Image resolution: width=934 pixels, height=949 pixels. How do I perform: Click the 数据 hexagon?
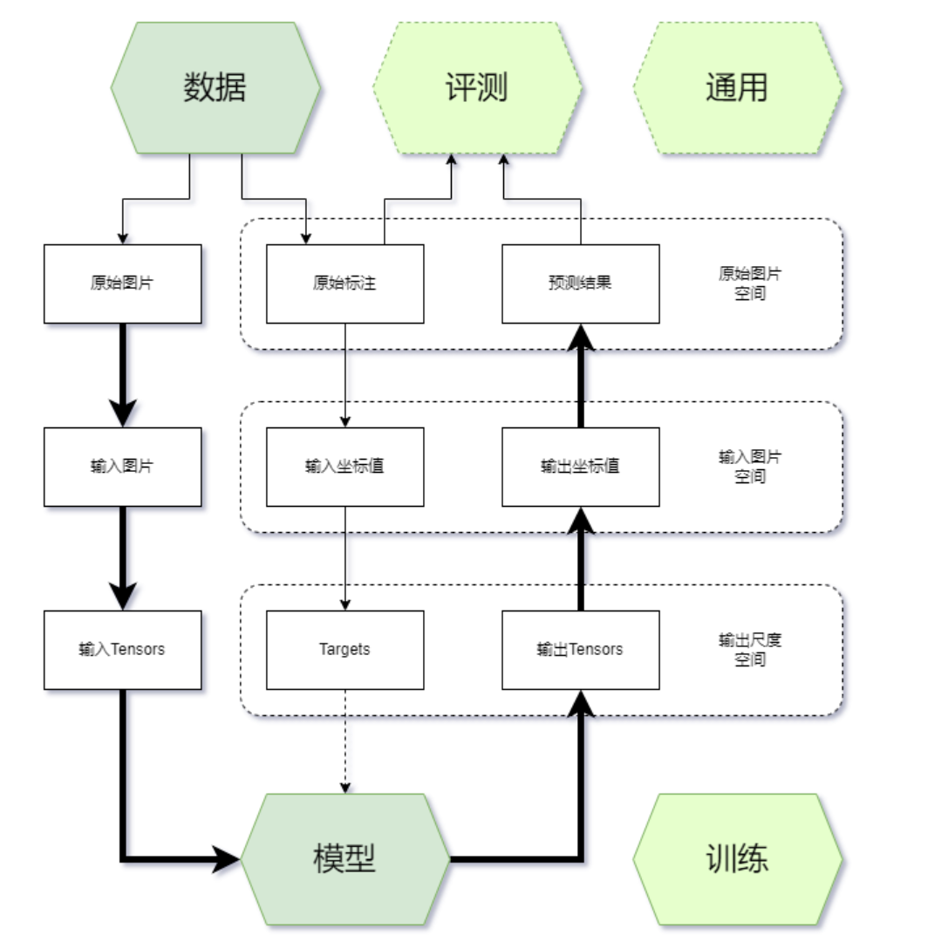(x=215, y=88)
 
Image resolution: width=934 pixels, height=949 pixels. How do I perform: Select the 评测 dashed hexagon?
(x=477, y=88)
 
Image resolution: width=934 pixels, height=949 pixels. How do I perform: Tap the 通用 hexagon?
(x=737, y=88)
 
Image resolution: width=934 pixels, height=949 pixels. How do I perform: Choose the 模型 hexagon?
(x=344, y=859)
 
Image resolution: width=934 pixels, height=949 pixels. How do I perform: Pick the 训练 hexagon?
(x=737, y=859)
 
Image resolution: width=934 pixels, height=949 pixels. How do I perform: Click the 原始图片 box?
(x=122, y=283)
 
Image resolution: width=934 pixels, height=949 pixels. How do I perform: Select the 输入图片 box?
(x=122, y=467)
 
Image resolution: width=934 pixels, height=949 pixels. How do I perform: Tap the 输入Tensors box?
(x=122, y=650)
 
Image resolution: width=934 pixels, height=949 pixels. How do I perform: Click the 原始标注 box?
(x=344, y=283)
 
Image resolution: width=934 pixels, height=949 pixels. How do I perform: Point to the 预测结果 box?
(x=580, y=283)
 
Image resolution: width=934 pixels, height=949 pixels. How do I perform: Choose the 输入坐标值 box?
(x=344, y=467)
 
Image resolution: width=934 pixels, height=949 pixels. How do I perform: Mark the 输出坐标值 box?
(x=580, y=467)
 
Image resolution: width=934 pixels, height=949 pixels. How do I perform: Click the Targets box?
(x=344, y=650)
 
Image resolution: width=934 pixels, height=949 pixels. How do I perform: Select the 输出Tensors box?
(x=580, y=650)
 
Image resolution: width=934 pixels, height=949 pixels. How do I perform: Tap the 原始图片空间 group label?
(x=750, y=283)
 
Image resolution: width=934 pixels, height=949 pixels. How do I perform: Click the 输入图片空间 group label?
(x=750, y=467)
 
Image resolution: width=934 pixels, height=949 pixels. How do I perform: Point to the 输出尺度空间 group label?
(x=750, y=650)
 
